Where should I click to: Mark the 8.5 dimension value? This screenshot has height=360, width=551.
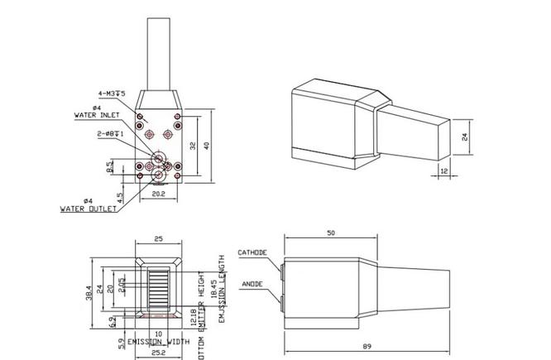click(109, 166)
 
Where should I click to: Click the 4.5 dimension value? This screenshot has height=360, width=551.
click(121, 198)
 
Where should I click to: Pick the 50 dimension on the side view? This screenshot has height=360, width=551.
click(330, 234)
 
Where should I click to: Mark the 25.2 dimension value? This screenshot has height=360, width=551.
click(157, 352)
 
